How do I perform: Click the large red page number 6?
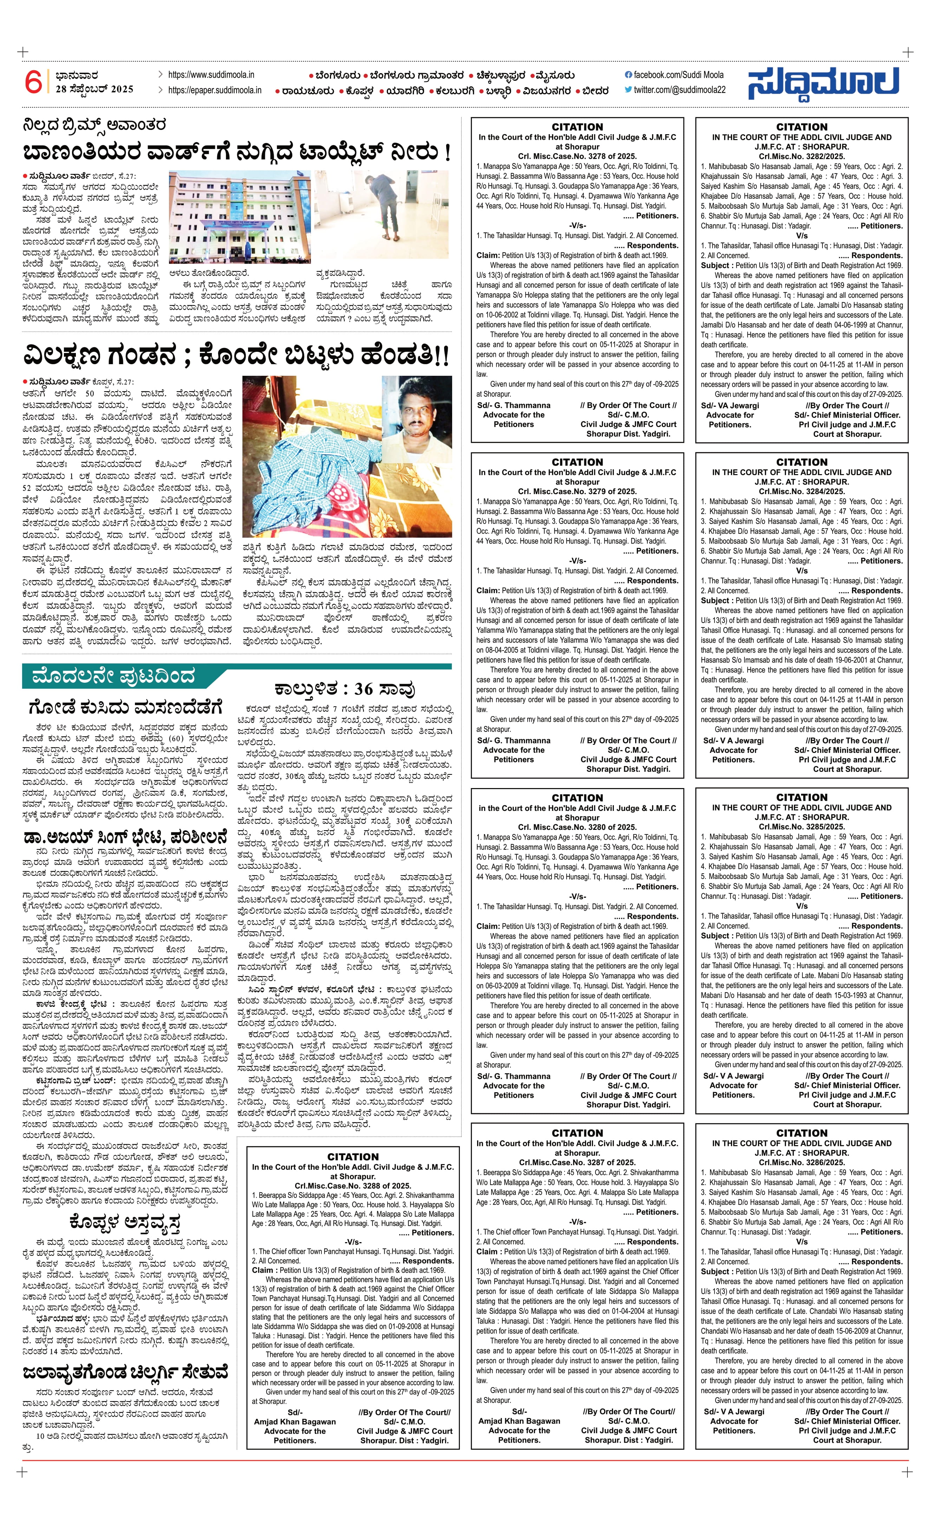pos(33,82)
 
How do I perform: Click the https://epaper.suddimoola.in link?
pos(214,90)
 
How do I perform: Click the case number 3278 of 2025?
pos(577,157)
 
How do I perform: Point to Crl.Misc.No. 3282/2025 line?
pos(801,157)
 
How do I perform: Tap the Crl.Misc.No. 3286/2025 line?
pos(801,1162)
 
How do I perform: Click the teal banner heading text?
pos(113,676)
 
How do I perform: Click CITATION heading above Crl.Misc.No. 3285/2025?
pos(801,798)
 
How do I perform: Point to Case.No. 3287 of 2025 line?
pos(577,1162)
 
